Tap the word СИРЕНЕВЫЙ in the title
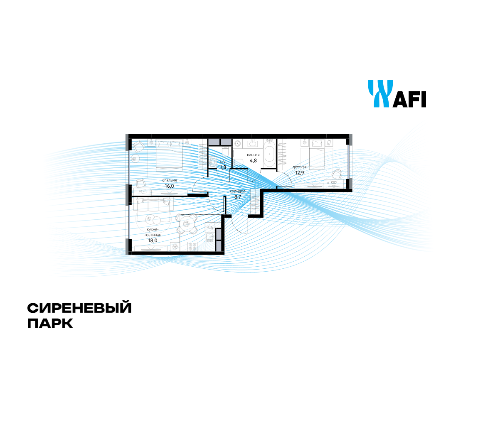79,308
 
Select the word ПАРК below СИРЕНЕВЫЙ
50,324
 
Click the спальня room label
170,180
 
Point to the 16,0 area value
169,186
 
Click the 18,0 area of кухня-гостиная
153,240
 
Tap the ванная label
253,155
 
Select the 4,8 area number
253,160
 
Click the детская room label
299,167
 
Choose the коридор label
237,191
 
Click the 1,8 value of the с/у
223,167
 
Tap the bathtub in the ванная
270,154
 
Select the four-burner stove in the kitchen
192,246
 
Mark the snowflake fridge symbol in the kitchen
175,247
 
